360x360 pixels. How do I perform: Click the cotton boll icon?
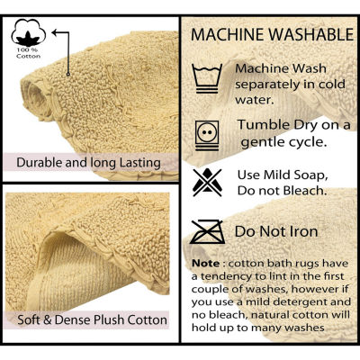click(x=29, y=32)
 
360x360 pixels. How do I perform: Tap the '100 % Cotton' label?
click(x=29, y=53)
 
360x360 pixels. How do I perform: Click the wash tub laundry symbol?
click(x=207, y=78)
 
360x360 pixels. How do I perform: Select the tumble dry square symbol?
click(x=207, y=135)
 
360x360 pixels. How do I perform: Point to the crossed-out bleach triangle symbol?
click(x=207, y=183)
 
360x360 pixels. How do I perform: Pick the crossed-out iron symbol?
click(x=208, y=231)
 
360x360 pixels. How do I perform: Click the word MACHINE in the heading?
click(x=229, y=35)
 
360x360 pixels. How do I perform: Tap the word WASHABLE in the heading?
click(x=311, y=35)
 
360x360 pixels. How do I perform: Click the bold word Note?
click(x=206, y=264)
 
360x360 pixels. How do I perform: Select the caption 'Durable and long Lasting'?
click(x=88, y=163)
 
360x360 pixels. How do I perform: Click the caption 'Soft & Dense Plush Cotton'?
click(x=92, y=319)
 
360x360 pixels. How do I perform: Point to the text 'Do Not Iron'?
click(x=276, y=231)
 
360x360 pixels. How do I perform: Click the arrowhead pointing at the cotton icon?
click(x=55, y=32)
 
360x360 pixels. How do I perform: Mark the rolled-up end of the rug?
click(x=35, y=98)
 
